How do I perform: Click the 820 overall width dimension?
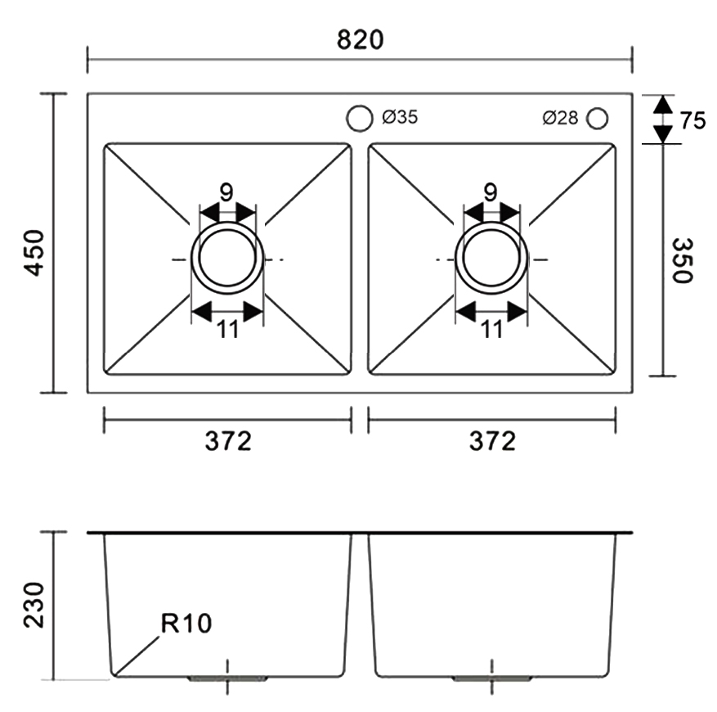point(360,38)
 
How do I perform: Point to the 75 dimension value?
point(692,120)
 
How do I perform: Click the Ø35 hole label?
point(400,118)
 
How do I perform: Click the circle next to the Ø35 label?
point(358,119)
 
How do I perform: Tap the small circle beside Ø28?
point(597,119)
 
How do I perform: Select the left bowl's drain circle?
point(227,259)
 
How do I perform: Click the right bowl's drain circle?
point(491,259)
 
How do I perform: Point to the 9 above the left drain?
point(226,192)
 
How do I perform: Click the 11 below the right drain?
point(491,330)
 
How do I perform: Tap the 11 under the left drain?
point(227,330)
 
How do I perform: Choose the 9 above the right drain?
point(491,192)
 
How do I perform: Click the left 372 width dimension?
point(227,441)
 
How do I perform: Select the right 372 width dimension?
point(492,441)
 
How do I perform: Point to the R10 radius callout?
point(186,624)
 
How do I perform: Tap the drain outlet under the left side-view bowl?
point(228,678)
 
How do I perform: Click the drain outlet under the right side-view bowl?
point(492,678)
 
